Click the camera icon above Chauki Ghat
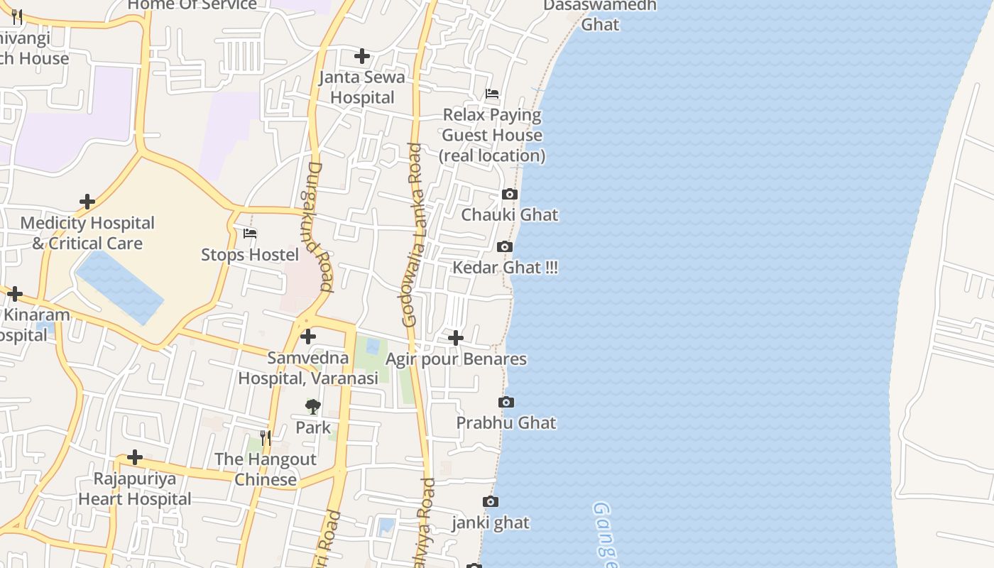coord(509,195)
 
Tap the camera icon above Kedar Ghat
coord(505,247)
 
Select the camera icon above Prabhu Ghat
coord(506,403)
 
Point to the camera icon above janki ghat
coord(491,502)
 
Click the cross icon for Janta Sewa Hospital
coord(362,56)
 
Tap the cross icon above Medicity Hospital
coord(87,202)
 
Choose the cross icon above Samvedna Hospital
coord(308,337)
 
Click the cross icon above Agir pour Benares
coord(456,338)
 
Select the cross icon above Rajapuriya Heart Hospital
coord(135,457)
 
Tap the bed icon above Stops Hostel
coord(250,234)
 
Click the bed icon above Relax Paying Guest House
coord(492,94)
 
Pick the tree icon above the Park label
coord(312,407)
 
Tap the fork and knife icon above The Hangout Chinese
coord(266,438)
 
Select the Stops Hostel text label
coord(250,254)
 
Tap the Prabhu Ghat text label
coord(506,422)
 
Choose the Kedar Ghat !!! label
coord(506,268)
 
